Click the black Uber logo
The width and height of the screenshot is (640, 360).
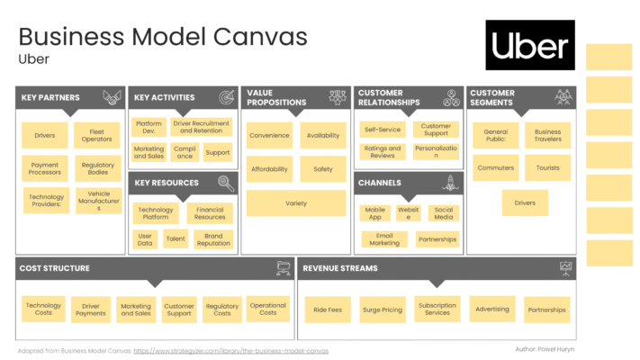point(530,45)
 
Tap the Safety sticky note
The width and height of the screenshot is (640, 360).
point(323,169)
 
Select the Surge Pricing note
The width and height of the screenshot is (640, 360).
point(383,310)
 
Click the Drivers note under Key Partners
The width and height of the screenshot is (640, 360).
point(44,136)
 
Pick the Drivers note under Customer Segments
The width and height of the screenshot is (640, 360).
point(525,202)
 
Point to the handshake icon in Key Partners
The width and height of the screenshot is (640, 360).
point(113,97)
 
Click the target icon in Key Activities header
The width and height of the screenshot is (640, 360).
point(227,97)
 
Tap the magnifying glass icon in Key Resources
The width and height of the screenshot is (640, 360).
point(226,184)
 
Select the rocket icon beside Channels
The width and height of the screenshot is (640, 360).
point(451,183)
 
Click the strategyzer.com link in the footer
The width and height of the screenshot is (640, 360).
point(231,351)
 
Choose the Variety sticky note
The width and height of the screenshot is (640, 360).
point(296,203)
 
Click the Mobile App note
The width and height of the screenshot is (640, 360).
point(375,213)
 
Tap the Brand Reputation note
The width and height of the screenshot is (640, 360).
point(213,239)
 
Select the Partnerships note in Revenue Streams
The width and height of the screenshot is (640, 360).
point(547,310)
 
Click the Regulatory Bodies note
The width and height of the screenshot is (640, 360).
point(98,168)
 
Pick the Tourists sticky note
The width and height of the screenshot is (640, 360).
point(548,167)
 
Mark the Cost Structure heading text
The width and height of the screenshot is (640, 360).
point(54,268)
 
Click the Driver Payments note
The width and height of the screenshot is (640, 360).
point(91,310)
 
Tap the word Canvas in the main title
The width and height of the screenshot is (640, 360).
point(260,37)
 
